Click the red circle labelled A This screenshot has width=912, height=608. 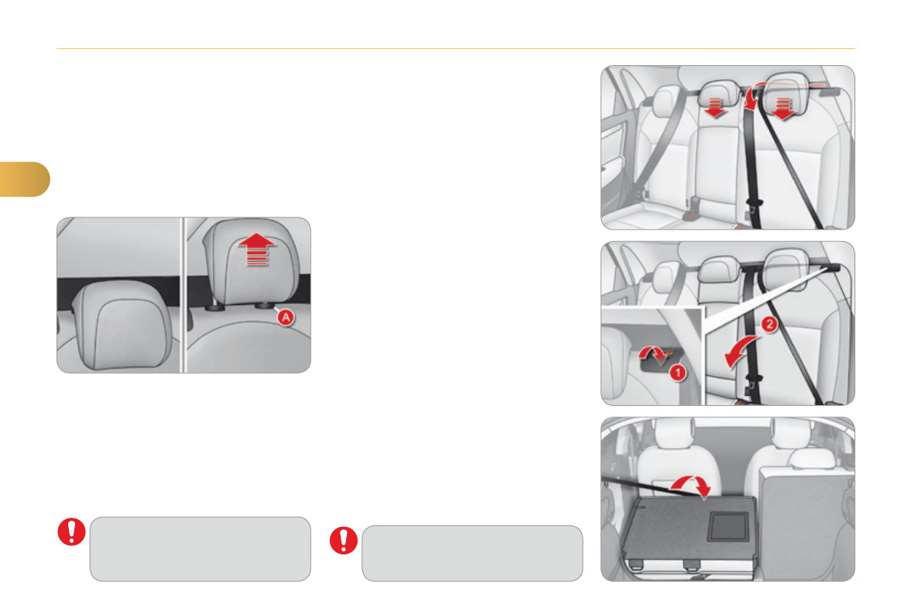pyautogui.click(x=286, y=318)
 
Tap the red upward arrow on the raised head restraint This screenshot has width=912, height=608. pyautogui.click(x=257, y=250)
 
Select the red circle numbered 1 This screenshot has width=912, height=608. pyautogui.click(x=678, y=372)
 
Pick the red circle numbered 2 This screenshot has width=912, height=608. pyautogui.click(x=769, y=324)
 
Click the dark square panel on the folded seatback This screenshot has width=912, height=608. pyautogui.click(x=727, y=527)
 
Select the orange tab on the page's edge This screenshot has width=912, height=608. pyautogui.click(x=24, y=179)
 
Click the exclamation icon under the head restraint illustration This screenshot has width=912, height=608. pyautogui.click(x=71, y=531)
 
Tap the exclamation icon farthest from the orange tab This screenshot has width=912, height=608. pyautogui.click(x=344, y=541)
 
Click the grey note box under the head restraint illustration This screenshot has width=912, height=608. pyautogui.click(x=200, y=548)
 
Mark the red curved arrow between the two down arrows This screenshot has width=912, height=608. pyautogui.click(x=751, y=96)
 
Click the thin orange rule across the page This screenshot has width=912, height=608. pyautogui.click(x=456, y=49)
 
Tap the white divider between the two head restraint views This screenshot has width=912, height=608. pyautogui.click(x=183, y=295)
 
